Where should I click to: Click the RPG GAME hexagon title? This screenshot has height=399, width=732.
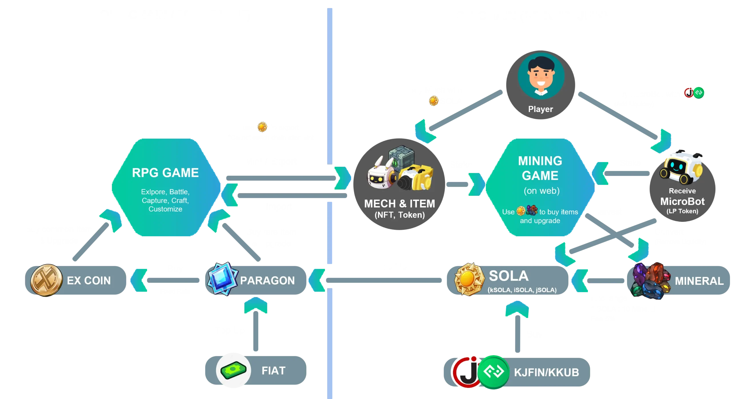(x=165, y=173)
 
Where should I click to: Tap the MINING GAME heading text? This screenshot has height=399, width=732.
(x=540, y=168)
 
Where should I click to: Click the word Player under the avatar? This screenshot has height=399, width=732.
(x=540, y=109)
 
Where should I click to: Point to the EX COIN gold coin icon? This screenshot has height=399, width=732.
(x=46, y=280)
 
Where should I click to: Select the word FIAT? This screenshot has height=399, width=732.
(x=273, y=371)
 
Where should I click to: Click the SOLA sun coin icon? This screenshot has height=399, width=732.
(x=469, y=279)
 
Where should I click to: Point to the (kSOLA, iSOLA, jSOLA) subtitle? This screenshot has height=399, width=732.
(x=522, y=290)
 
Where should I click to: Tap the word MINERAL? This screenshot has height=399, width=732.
(x=699, y=281)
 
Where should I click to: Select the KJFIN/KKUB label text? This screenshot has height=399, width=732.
(x=546, y=372)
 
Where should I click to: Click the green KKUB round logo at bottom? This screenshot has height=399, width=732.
(x=493, y=372)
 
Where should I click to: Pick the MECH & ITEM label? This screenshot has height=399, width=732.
(x=399, y=204)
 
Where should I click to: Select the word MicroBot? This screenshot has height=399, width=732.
(x=682, y=201)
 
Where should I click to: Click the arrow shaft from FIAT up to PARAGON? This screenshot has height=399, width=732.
(x=256, y=331)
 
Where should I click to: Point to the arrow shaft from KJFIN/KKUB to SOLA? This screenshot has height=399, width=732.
(x=518, y=334)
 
